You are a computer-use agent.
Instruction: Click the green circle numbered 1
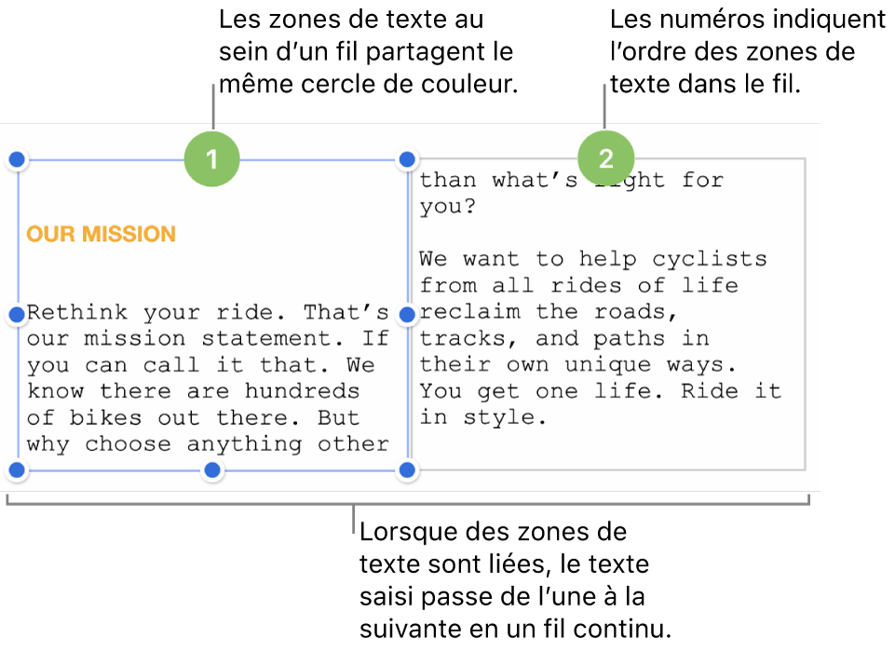click(x=211, y=158)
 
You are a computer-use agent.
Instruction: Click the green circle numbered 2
click(x=605, y=158)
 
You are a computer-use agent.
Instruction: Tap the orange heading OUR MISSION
click(x=101, y=234)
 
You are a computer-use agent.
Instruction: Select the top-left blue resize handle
click(x=17, y=159)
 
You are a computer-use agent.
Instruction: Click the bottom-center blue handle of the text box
click(x=212, y=469)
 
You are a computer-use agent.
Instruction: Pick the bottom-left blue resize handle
click(x=17, y=469)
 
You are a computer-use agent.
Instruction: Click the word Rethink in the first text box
click(x=77, y=312)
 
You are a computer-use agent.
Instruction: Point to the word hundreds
click(x=303, y=391)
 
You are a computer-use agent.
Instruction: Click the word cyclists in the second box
click(x=710, y=260)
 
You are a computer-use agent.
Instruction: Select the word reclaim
click(x=469, y=312)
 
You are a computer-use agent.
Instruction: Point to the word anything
click(x=244, y=444)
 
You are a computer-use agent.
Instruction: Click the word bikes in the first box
click(x=105, y=417)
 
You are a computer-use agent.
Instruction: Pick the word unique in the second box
click(x=608, y=365)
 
